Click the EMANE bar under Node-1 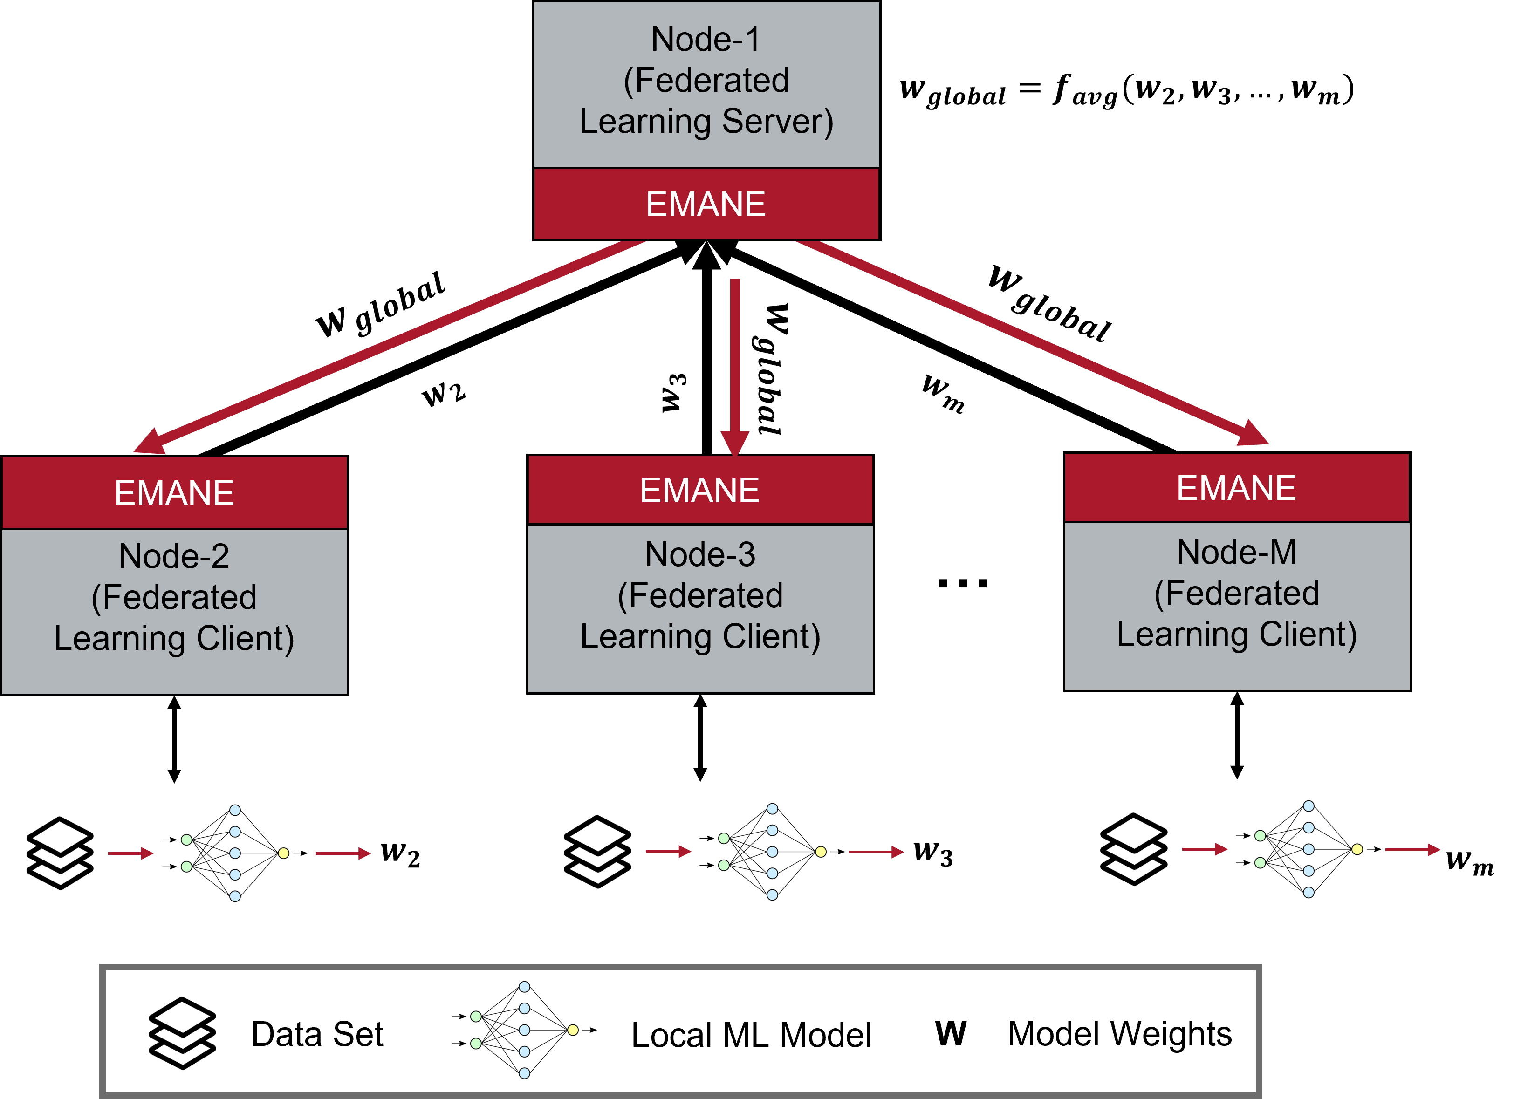click(706, 204)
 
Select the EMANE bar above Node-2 click(174, 493)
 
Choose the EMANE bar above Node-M click(1236, 488)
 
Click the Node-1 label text click(706, 40)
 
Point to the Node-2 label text click(174, 556)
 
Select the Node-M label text click(1236, 552)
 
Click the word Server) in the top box click(778, 122)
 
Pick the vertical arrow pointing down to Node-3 click(735, 360)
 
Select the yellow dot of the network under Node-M click(1357, 849)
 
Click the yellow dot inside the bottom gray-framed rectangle click(573, 1030)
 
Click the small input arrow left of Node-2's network click(131, 853)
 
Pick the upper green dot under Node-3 click(724, 838)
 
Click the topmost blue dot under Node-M click(1308, 806)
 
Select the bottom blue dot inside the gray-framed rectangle click(524, 1073)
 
